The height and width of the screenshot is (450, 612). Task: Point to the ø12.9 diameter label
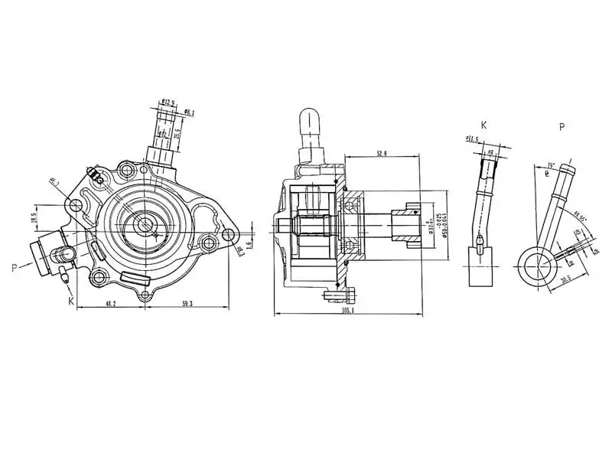click(x=170, y=102)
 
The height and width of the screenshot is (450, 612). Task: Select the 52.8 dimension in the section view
click(x=381, y=153)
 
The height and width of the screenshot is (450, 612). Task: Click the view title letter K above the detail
click(x=483, y=125)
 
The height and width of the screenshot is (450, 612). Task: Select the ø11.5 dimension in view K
click(x=472, y=139)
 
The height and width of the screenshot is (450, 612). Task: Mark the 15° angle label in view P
click(x=551, y=165)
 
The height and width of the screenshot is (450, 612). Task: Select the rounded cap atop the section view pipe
click(x=310, y=118)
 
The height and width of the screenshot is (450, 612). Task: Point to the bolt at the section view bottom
click(x=339, y=295)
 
